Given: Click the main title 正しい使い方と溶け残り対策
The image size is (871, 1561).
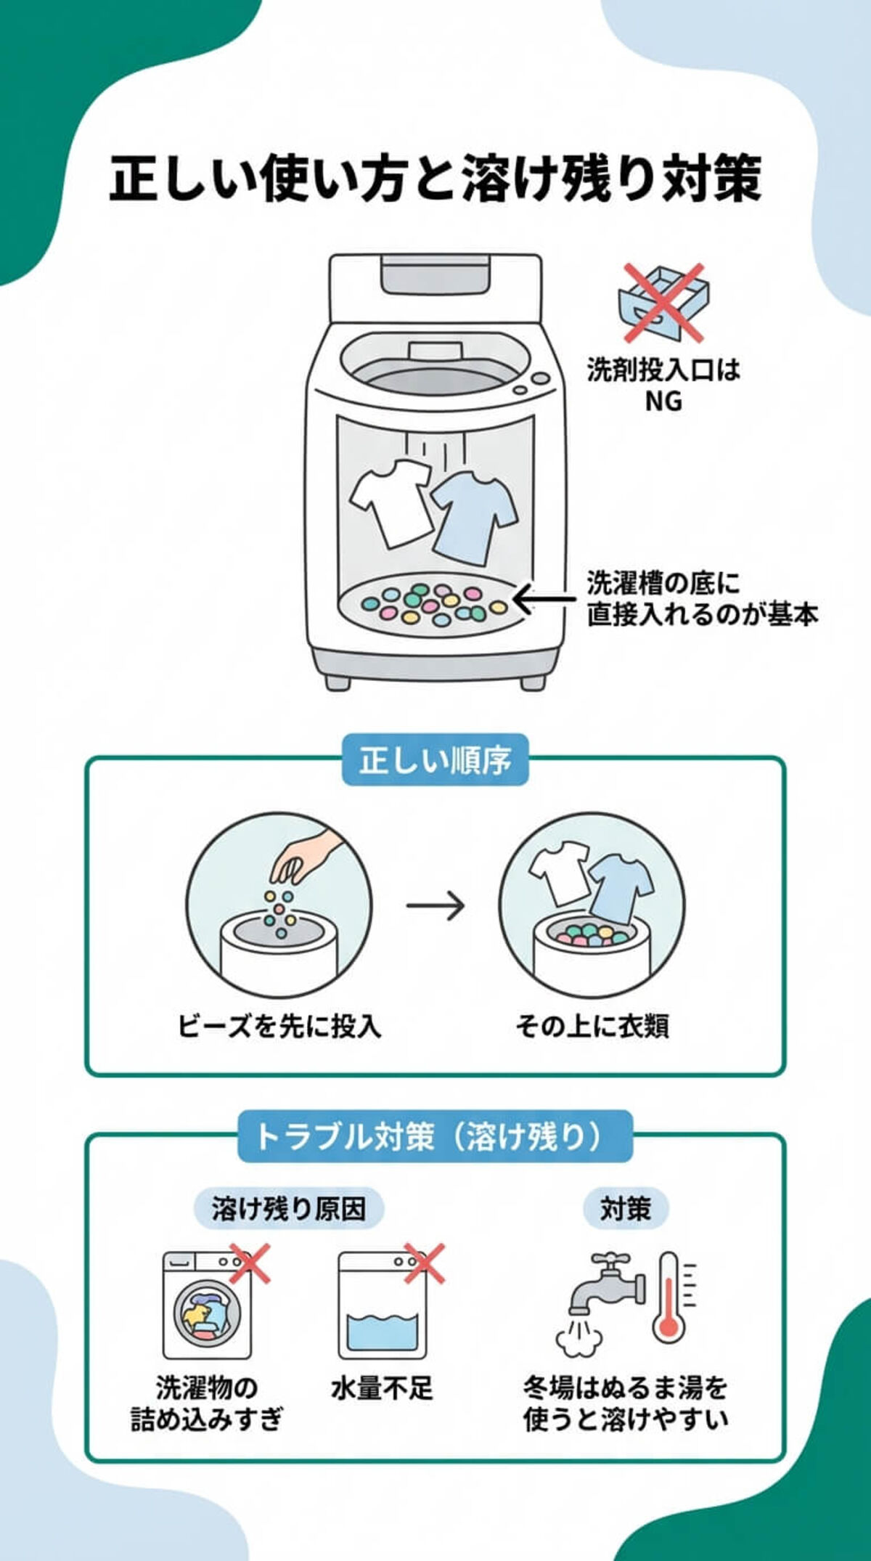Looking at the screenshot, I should [x=435, y=178].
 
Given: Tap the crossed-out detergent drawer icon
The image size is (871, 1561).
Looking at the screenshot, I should [x=663, y=303].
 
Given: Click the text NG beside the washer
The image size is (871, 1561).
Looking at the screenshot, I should [x=663, y=401].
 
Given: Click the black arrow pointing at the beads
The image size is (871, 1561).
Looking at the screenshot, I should [x=544, y=600].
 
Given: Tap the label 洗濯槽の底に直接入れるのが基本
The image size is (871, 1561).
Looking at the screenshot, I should [x=701, y=599].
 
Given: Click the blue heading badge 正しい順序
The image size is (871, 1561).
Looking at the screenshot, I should [x=435, y=760].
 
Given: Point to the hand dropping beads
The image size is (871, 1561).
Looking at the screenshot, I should [x=308, y=857].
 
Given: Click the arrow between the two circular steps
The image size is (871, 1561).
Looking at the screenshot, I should [x=435, y=905].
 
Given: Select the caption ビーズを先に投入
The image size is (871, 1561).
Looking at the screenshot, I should [x=279, y=1026].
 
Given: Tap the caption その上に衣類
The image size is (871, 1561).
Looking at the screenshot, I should [x=592, y=1026].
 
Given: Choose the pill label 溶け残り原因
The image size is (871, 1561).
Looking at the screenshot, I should [x=289, y=1209].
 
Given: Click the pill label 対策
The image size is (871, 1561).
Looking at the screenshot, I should [x=626, y=1209].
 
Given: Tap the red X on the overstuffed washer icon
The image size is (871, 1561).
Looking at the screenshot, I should [x=250, y=1263].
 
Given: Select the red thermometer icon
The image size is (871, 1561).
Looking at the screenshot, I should [x=668, y=1300].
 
